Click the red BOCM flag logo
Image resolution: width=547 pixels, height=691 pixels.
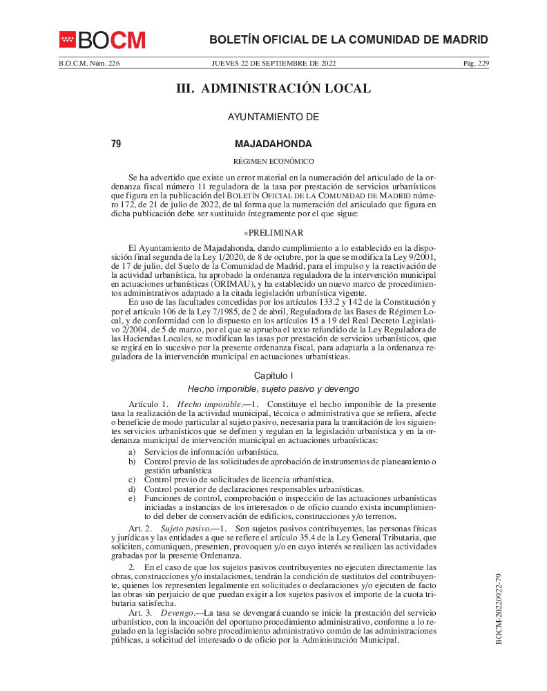pyautogui.click(x=68, y=40)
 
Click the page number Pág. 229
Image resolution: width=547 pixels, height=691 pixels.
pyautogui.click(x=475, y=64)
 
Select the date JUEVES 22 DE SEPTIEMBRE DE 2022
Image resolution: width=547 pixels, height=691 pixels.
pyautogui.click(x=273, y=64)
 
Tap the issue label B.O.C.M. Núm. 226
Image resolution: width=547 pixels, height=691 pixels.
pyautogui.click(x=89, y=64)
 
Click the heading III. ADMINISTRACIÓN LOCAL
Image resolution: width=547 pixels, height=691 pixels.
pyautogui.click(x=273, y=88)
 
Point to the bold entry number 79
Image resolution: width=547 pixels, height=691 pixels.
pyautogui.click(x=116, y=144)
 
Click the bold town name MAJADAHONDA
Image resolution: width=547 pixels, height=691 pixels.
pyautogui.click(x=273, y=144)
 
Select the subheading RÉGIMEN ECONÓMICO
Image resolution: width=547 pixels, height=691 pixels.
pyautogui.click(x=273, y=162)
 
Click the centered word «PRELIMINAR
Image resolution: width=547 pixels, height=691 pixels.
pyautogui.click(x=273, y=233)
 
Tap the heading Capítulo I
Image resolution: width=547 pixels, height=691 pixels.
pyautogui.click(x=273, y=375)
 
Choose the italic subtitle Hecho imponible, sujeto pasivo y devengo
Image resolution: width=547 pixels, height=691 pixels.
pyautogui.click(x=273, y=389)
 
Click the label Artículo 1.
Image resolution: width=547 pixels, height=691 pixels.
pyautogui.click(x=148, y=404)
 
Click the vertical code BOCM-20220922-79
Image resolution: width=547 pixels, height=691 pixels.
pyautogui.click(x=498, y=608)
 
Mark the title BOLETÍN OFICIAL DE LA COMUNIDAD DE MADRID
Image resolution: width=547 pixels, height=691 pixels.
pyautogui.click(x=348, y=40)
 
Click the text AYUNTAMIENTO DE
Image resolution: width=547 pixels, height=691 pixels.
pyautogui.click(x=273, y=117)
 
